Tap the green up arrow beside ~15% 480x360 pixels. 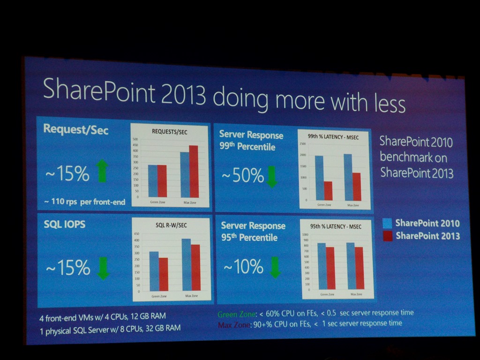tap(102, 171)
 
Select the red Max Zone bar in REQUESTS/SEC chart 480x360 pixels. tap(194, 172)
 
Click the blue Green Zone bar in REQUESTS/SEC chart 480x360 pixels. tap(153, 181)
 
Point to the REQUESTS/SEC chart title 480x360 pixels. tap(169, 132)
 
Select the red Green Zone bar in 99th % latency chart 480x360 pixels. tap(328, 190)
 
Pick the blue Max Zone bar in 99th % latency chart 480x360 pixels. tap(348, 177)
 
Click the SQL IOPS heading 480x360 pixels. tap(65, 225)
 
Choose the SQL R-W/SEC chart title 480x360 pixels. tap(171, 225)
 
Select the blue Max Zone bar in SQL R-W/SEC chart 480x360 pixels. tap(187, 264)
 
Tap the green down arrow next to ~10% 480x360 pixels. tap(275, 267)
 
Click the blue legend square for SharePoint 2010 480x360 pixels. tap(387, 223)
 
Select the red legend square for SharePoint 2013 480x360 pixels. tap(388, 236)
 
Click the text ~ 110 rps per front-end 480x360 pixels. tap(84, 202)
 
